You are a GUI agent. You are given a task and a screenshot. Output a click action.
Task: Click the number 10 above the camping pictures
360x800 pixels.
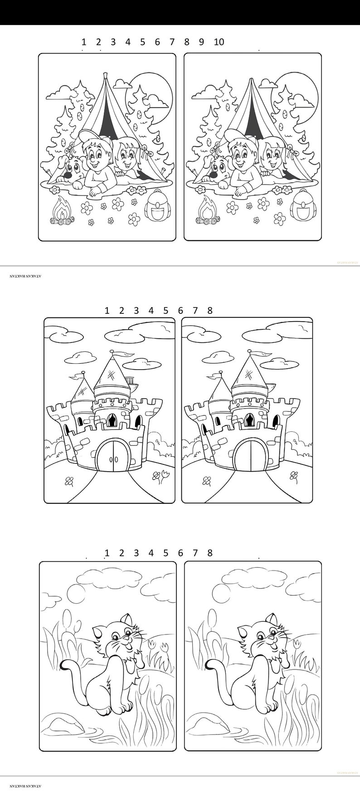pos(219,42)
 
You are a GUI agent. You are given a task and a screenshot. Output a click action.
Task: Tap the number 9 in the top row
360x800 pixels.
pos(201,42)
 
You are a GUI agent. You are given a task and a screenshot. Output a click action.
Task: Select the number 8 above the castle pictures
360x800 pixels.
pos(210,311)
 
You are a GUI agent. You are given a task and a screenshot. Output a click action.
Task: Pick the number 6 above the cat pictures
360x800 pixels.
pos(180,553)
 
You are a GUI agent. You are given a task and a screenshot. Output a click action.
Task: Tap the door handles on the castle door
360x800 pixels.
pos(113,459)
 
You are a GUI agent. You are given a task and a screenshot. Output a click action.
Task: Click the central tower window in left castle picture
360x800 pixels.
pos(111,420)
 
